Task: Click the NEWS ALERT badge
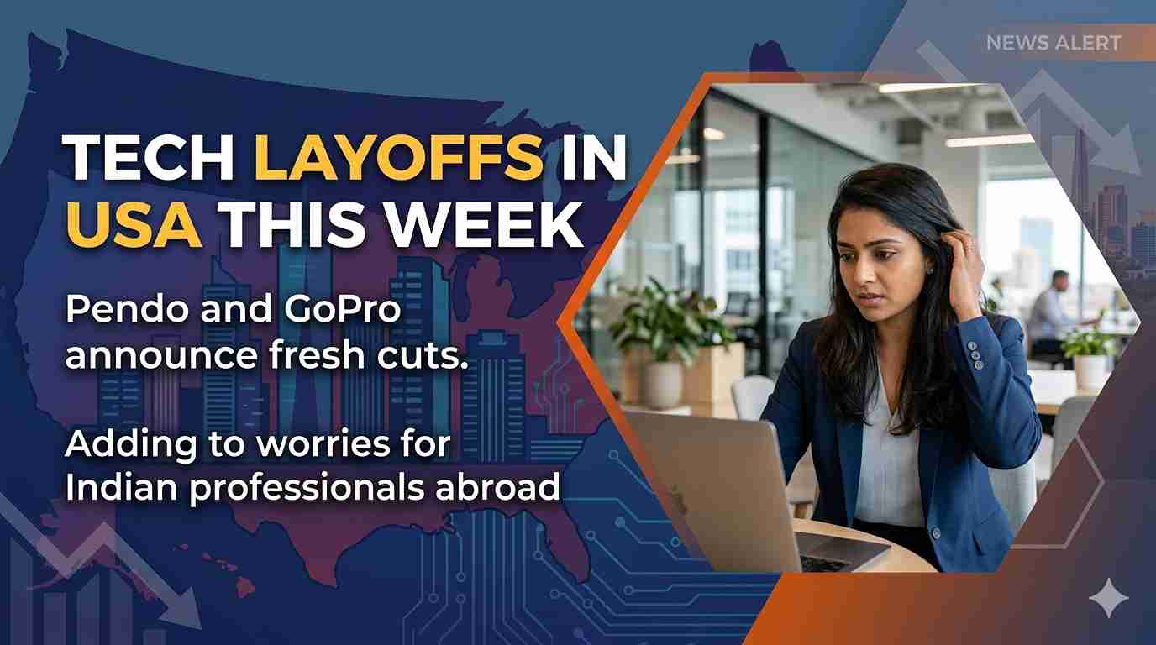pyautogui.click(x=1054, y=43)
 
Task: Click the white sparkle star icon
pyautogui.click(x=1108, y=597)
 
